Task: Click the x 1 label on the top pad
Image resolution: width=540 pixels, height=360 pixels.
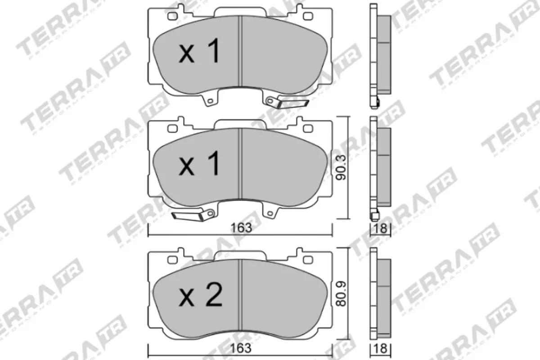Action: pyautogui.click(x=200, y=51)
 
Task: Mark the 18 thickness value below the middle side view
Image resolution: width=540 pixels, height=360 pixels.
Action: pyautogui.click(x=380, y=228)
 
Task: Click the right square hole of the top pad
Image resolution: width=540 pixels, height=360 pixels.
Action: pyautogui.click(x=308, y=17)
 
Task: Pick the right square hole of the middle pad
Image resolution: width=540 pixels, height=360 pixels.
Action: pyautogui.click(x=308, y=130)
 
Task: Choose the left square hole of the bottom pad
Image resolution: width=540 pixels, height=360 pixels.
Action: pyautogui.click(x=172, y=260)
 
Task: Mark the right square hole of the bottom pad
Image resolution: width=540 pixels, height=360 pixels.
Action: pyautogui.click(x=308, y=260)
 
